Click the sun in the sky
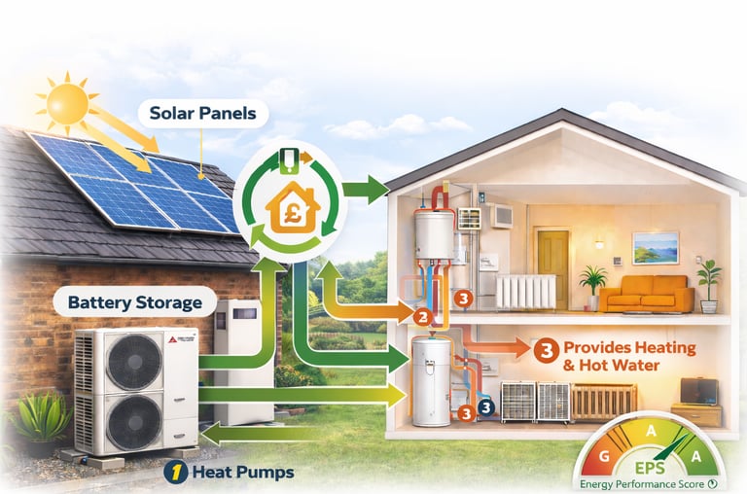(67, 101)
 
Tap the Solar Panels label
(203, 114)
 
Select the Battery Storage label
(135, 302)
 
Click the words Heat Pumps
(242, 473)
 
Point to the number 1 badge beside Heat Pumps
(174, 473)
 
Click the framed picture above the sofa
(655, 247)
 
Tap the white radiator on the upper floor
(526, 291)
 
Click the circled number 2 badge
(422, 316)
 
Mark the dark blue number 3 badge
(486, 408)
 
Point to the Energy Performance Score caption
(644, 483)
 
